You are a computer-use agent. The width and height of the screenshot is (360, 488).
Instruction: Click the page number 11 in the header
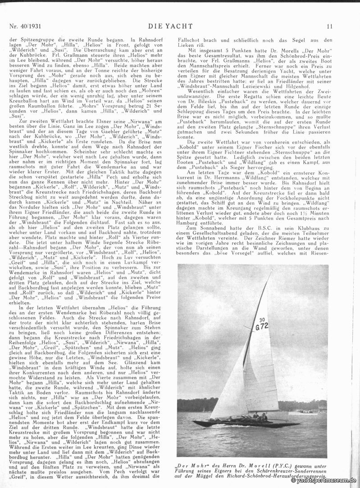coord(330,27)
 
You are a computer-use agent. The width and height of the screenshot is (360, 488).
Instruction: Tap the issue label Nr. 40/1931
coord(25,27)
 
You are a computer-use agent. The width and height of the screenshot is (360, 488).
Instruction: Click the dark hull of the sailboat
coord(243,424)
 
